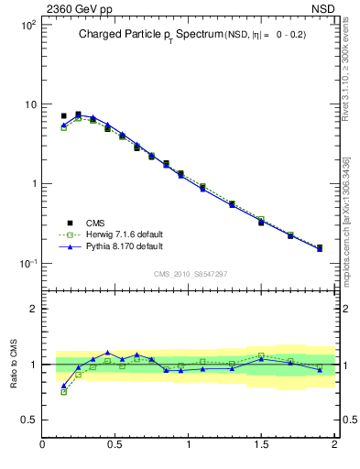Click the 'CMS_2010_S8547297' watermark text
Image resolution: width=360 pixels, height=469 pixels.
click(x=190, y=274)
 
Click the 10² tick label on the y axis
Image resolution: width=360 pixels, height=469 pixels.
click(x=27, y=25)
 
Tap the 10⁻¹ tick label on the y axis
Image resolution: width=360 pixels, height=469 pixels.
click(x=27, y=264)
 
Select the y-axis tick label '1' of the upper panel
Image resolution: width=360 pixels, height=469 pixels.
click(x=33, y=184)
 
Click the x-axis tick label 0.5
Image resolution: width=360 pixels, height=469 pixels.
click(x=115, y=445)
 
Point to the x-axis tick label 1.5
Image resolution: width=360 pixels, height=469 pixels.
click(x=261, y=445)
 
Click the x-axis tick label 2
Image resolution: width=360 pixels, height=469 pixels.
click(x=333, y=445)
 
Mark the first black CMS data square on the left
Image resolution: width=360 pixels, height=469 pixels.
click(x=63, y=116)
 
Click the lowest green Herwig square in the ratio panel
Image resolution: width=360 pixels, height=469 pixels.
click(x=63, y=391)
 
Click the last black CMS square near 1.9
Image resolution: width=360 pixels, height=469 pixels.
click(x=319, y=247)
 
